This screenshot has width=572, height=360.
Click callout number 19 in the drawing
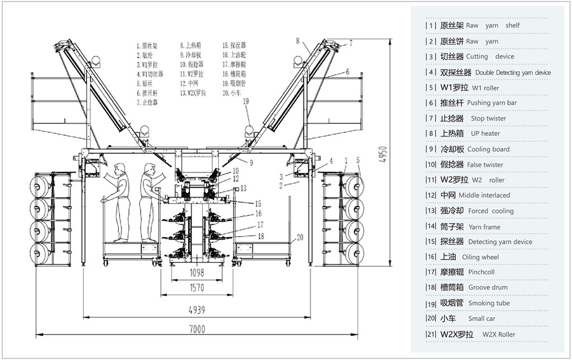pyautogui.click(x=246, y=102)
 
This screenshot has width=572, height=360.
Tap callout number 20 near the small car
pyautogui.click(x=299, y=237)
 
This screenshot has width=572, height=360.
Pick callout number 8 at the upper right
pyautogui.click(x=298, y=40)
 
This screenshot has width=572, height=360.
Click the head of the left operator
pyautogui.click(x=119, y=167)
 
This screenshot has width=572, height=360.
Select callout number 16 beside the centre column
pyautogui.click(x=258, y=214)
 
